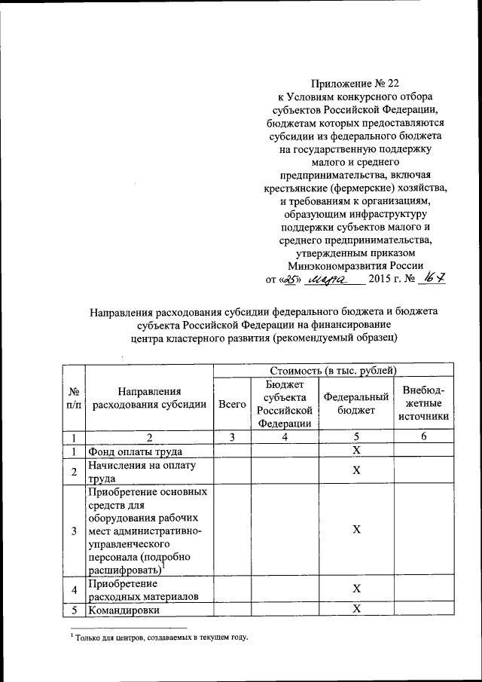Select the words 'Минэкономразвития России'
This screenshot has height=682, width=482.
tap(355, 266)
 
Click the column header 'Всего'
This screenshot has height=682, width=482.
tap(232, 404)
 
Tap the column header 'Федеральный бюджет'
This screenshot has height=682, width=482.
tap(356, 404)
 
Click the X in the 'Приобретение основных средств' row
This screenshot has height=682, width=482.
tap(357, 530)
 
